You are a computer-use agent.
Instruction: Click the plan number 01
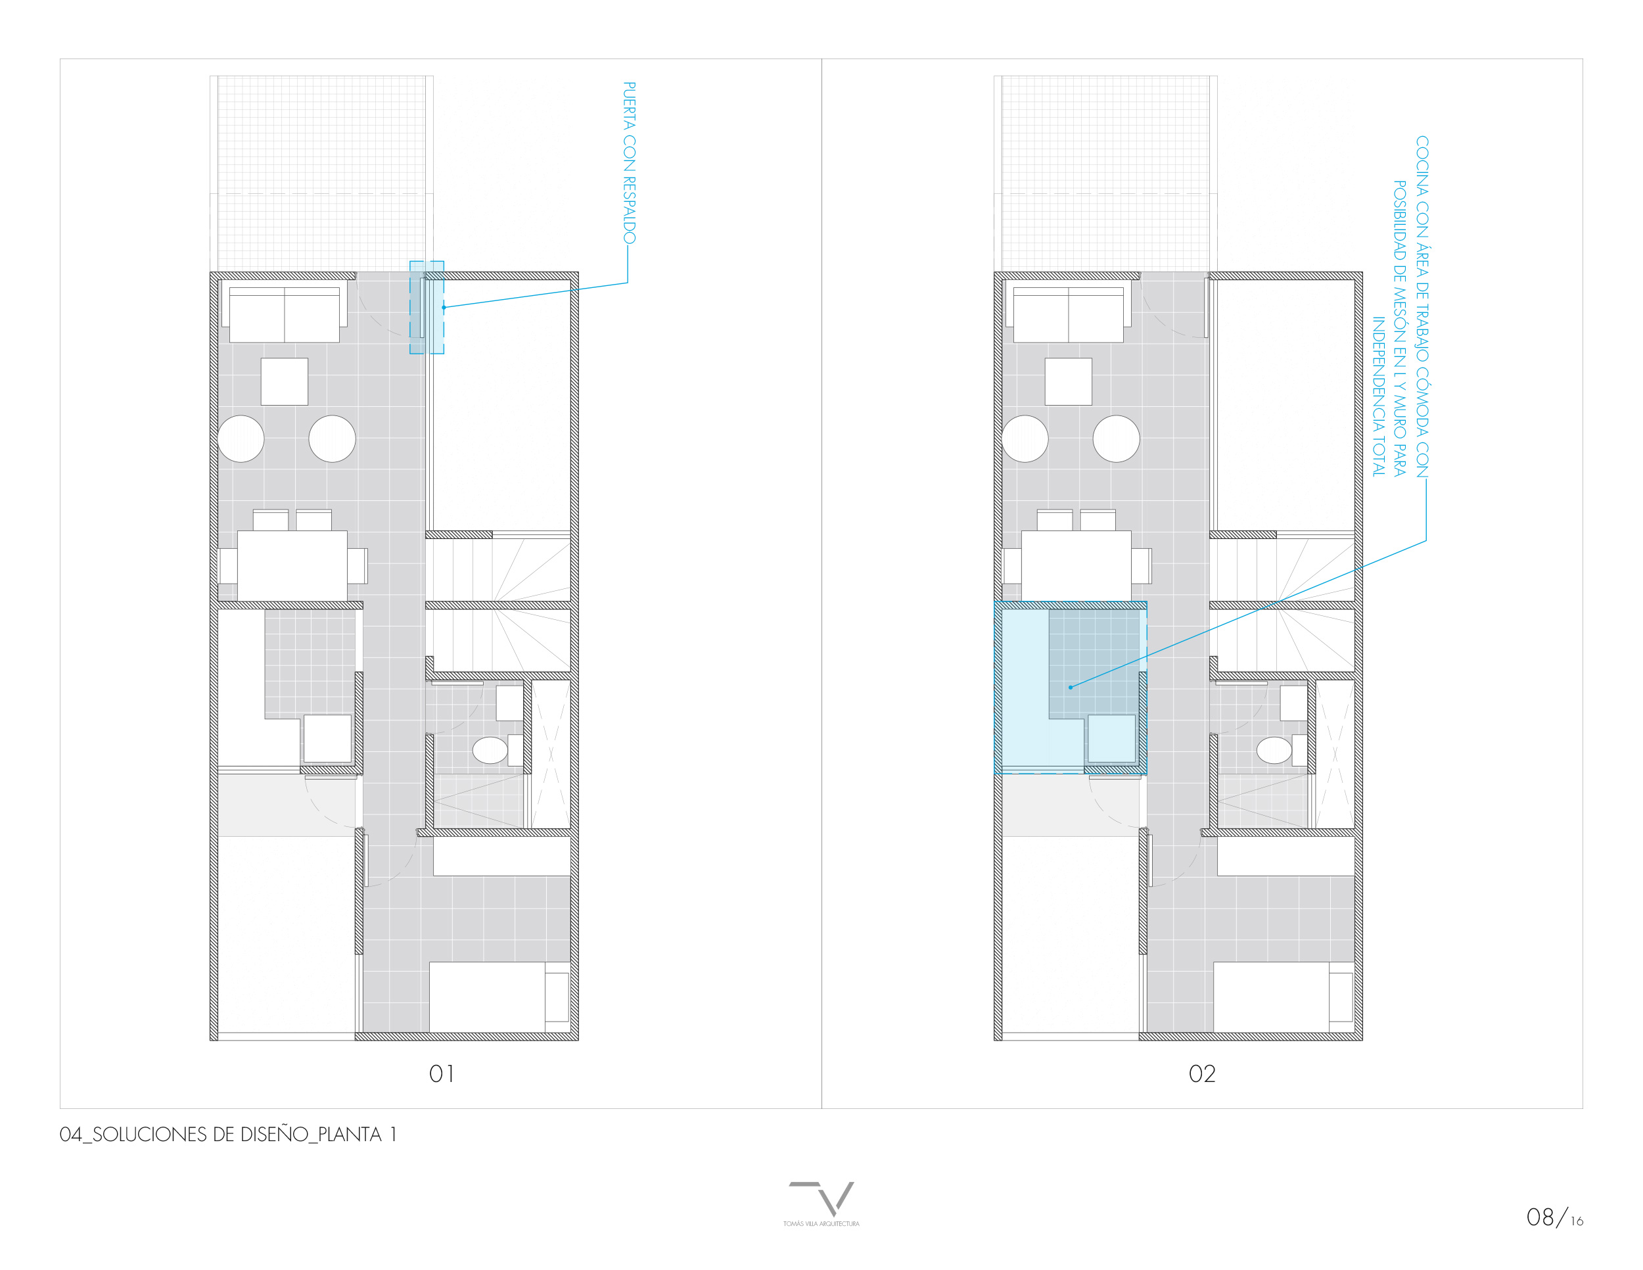pos(442,1073)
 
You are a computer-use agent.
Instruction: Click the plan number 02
pos(1202,1073)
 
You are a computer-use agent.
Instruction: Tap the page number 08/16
pos(1554,1217)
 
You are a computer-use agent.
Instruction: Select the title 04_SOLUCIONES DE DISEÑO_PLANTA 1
pos(228,1135)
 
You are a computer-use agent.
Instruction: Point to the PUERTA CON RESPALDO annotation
pos(630,162)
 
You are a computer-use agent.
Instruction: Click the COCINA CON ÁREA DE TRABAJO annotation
pos(1400,306)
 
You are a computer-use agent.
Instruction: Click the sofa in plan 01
pos(285,312)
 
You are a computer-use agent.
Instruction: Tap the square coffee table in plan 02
pos(1068,381)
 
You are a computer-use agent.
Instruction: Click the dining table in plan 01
pos(292,565)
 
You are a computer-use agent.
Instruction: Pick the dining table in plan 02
pos(1076,565)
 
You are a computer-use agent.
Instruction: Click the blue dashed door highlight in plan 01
pos(427,307)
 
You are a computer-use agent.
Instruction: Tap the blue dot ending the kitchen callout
pos(1071,687)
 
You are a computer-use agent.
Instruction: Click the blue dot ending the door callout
pos(444,307)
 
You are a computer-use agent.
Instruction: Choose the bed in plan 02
pos(1284,997)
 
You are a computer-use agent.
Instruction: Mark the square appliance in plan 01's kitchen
pos(327,738)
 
